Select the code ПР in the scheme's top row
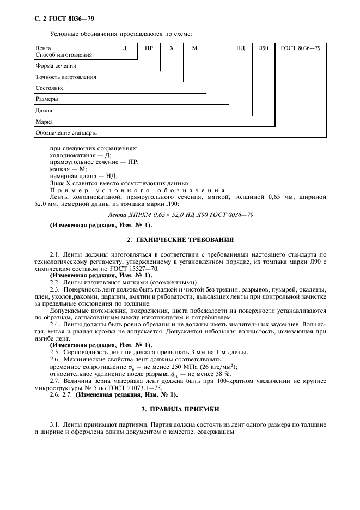pyautogui.click(x=149, y=48)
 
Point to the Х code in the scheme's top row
pyautogui.click(x=172, y=48)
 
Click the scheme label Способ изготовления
pyautogui.click(x=64, y=55)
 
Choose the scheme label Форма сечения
pyautogui.click(x=56, y=66)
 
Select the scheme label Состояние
pyautogui.click(x=50, y=88)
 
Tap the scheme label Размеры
pyautogui.click(x=47, y=100)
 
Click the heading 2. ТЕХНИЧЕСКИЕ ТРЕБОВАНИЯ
pyautogui.click(x=180, y=239)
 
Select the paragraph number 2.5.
pyautogui.click(x=54, y=352)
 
